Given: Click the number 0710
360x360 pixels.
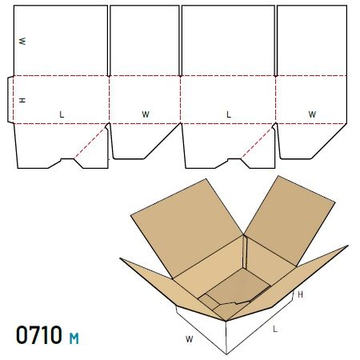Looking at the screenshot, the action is point(39,334).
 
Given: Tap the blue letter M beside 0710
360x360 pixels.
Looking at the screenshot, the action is point(74,338).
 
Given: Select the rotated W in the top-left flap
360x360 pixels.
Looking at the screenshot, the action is point(22,41).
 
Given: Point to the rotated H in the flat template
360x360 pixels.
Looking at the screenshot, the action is point(22,100).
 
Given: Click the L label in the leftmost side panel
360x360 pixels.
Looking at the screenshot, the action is point(62,114).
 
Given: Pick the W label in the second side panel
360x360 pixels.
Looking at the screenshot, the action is point(146,114).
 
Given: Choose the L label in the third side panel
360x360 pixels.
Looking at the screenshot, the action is point(229,114).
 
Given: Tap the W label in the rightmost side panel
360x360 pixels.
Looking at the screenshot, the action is point(312,114).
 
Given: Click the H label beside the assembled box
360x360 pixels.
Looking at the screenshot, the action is point(300,294).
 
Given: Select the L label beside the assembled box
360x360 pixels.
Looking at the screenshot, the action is point(275,329).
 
